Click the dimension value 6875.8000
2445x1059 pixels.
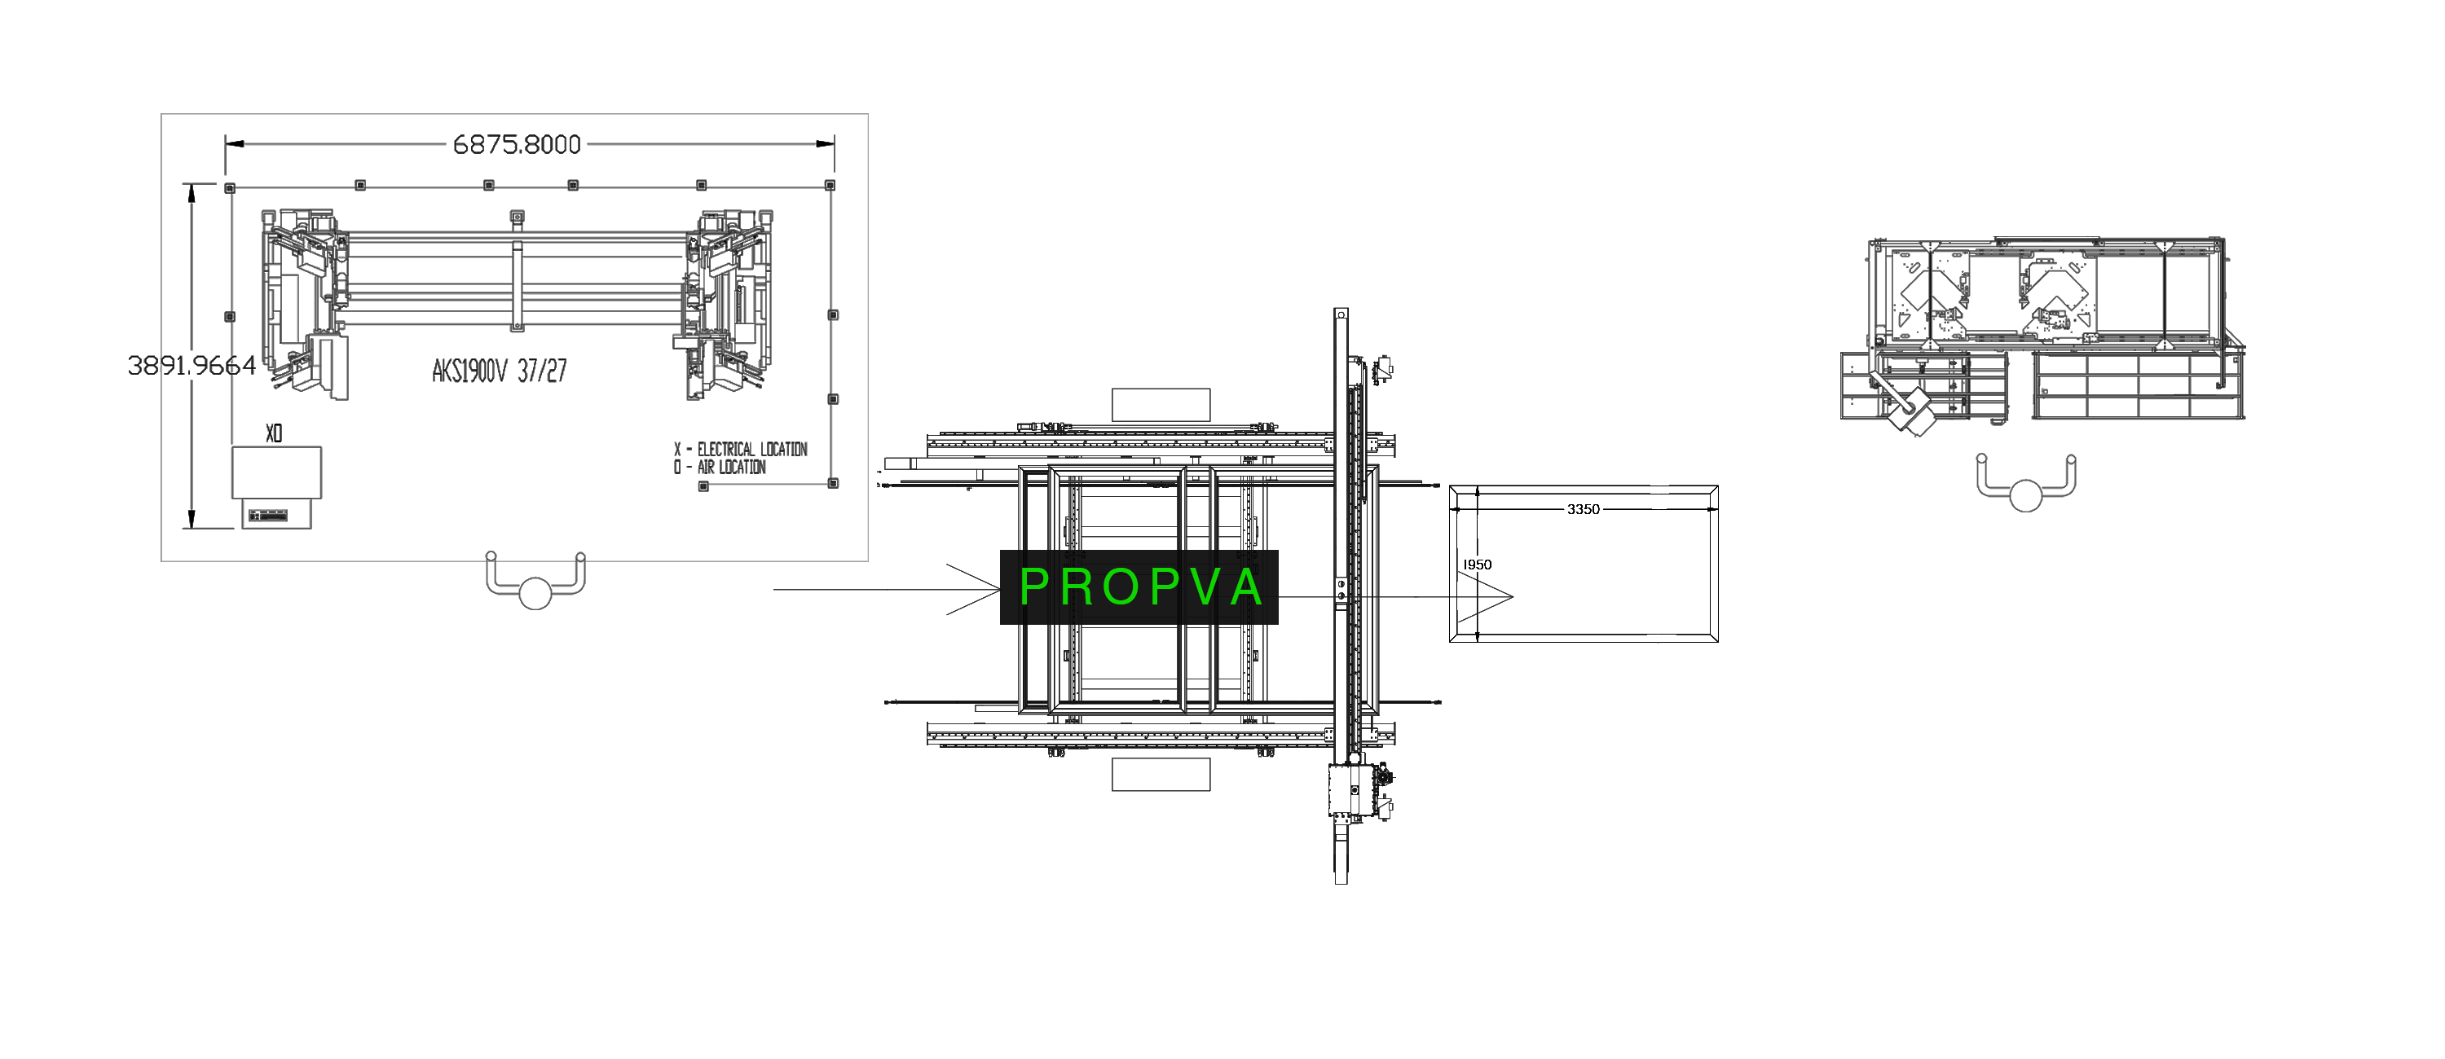pos(517,144)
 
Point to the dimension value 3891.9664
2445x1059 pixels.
pos(192,365)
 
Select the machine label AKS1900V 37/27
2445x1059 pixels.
pos(500,370)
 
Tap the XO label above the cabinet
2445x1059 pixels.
pos(273,433)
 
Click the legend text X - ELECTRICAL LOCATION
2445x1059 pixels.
pos(740,449)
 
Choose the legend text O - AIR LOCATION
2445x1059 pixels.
pos(720,467)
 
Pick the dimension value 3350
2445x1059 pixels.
pos(1584,510)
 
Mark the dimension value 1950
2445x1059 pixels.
pos(1477,565)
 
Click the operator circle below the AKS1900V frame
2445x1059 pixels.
pos(535,593)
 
